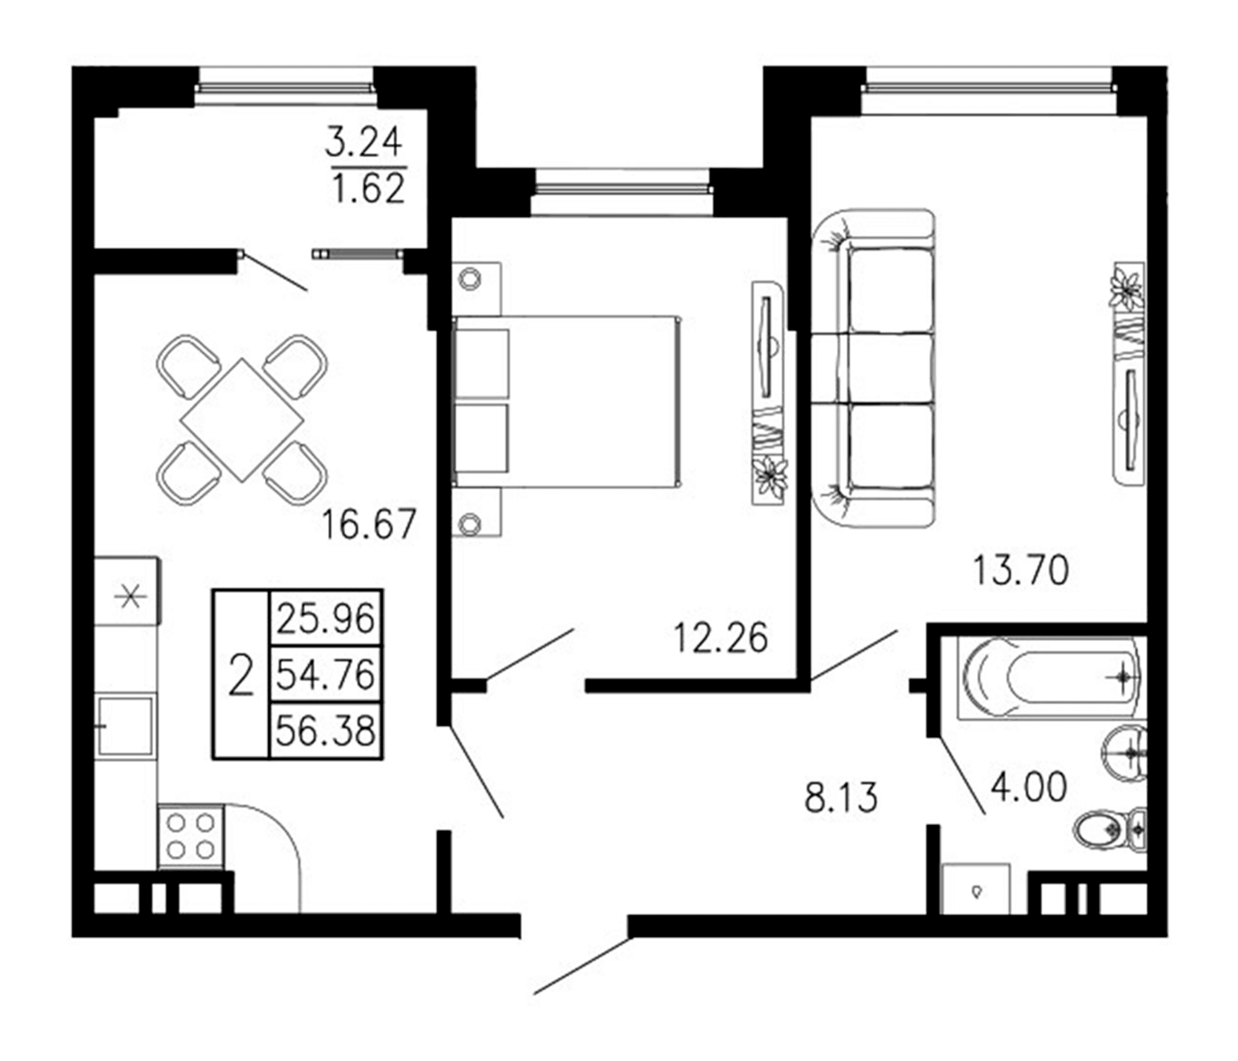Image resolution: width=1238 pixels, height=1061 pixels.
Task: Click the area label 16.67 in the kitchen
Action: pyautogui.click(x=368, y=525)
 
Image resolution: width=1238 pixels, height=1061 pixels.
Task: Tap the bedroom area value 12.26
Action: pyautogui.click(x=720, y=637)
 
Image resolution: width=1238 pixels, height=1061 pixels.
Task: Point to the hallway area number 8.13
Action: pyautogui.click(x=841, y=798)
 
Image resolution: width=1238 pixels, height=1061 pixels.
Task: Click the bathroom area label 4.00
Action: pyautogui.click(x=1028, y=787)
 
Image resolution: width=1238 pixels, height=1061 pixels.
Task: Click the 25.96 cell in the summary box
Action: pyautogui.click(x=325, y=618)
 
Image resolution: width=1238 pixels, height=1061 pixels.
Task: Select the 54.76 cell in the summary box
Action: pyautogui.click(x=325, y=673)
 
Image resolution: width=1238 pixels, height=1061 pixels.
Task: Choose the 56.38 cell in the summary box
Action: pyautogui.click(x=325, y=730)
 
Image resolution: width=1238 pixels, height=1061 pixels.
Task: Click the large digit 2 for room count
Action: pyautogui.click(x=241, y=675)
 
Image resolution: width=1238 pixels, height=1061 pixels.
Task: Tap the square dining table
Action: pyautogui.click(x=242, y=420)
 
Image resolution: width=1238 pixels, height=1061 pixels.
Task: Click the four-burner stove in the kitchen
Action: pyautogui.click(x=190, y=836)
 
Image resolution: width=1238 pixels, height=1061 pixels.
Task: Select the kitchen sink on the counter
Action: pyautogui.click(x=126, y=725)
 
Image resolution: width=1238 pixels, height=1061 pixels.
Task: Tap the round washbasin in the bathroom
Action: pyautogui.click(x=1123, y=753)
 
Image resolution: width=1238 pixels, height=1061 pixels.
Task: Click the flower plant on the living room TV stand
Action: pyautogui.click(x=1128, y=289)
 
